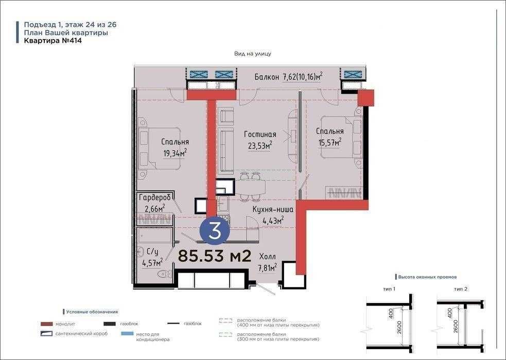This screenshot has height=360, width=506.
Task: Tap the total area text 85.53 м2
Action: point(215,256)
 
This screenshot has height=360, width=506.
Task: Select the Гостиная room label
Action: point(260,134)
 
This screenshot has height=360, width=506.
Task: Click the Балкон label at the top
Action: point(267,77)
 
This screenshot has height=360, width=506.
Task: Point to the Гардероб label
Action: point(154,197)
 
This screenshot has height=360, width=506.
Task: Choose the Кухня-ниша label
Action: point(273,210)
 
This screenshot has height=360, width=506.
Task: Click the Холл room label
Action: point(268,257)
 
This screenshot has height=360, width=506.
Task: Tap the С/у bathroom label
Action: point(153,251)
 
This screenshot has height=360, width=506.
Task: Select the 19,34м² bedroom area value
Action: point(175,153)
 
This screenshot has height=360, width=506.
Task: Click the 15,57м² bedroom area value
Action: point(330,142)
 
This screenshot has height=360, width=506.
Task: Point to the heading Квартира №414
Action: point(53,41)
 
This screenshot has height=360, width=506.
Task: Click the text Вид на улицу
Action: point(253,54)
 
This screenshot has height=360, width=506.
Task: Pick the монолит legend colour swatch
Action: point(47,324)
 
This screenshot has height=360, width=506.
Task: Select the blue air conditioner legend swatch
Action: point(127,334)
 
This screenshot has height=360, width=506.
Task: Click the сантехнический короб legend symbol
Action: point(47,334)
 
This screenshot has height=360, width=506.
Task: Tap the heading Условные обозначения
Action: point(92,312)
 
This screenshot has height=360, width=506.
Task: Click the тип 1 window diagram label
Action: point(389,289)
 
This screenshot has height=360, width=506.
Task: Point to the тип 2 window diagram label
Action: point(461,289)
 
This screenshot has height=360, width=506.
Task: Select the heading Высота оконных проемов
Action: point(427,277)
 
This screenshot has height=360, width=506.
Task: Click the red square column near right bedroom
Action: point(366,98)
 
